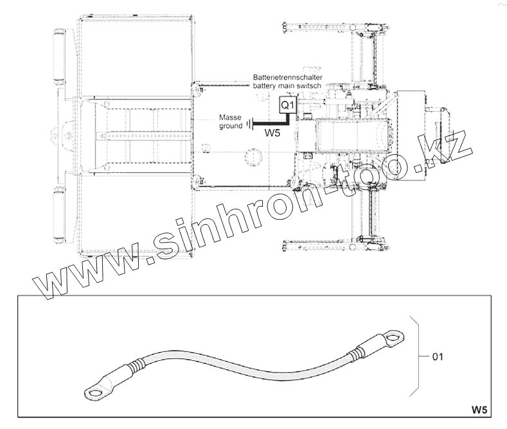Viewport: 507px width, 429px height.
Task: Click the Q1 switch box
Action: click(x=287, y=104)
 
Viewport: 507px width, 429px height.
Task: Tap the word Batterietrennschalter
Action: click(x=287, y=78)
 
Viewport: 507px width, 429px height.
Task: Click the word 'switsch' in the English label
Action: click(x=310, y=85)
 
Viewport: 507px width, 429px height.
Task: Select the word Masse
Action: click(x=230, y=118)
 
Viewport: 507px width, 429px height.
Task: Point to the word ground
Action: click(x=231, y=126)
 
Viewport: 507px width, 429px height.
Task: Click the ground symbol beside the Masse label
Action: click(x=249, y=124)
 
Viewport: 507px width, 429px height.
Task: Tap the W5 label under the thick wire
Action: click(x=272, y=132)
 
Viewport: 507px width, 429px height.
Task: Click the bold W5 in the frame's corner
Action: click(x=479, y=410)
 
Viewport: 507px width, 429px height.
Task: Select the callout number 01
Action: click(x=438, y=356)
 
